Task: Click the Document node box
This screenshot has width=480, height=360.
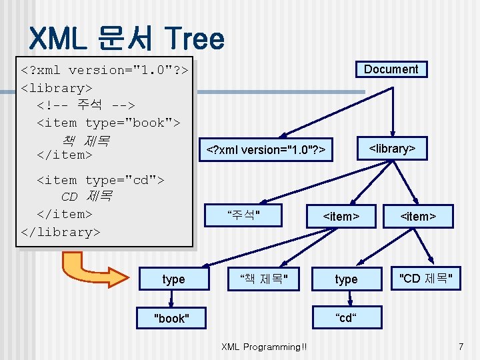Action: (391, 69)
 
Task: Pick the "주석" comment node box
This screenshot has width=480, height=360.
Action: (243, 215)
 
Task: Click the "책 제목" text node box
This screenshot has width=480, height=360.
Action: (263, 279)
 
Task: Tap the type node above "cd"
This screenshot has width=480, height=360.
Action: (346, 279)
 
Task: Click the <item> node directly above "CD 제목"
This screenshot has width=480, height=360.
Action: (418, 216)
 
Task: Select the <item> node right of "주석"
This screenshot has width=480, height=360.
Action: (341, 216)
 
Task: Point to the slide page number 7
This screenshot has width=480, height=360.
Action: (460, 347)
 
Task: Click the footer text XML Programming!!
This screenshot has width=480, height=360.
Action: (265, 347)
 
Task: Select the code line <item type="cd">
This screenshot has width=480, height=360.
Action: (100, 180)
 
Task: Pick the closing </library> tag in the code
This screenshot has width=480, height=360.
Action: (61, 232)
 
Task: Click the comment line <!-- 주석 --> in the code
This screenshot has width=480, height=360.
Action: (86, 105)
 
